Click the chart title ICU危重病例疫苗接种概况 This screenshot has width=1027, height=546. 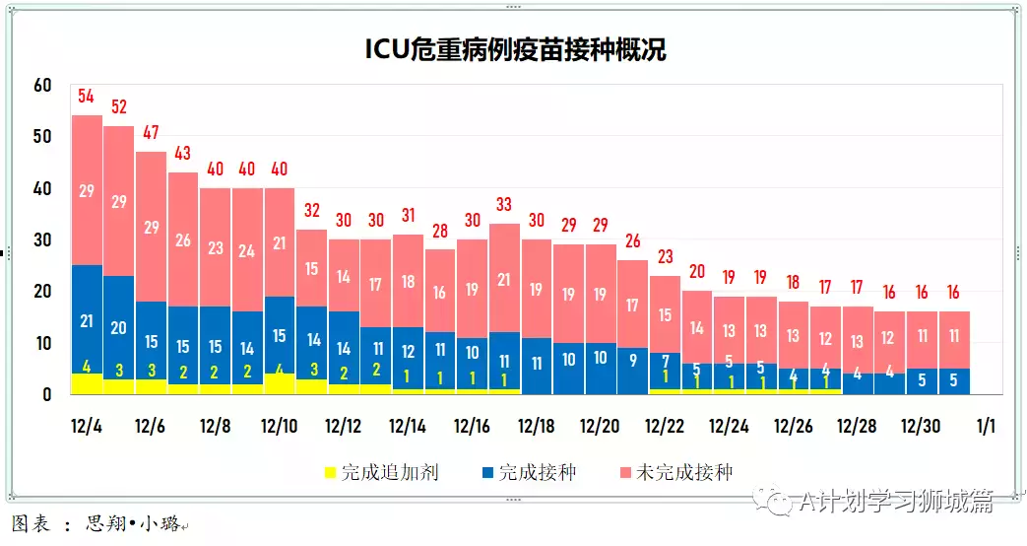pos(515,49)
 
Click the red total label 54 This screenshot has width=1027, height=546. pos(86,97)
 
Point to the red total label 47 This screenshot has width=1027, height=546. pos(151,132)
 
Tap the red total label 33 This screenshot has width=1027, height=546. pos(504,205)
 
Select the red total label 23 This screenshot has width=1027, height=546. pos(665,257)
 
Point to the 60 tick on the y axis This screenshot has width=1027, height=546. pos(41,86)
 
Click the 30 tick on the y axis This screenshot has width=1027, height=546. pos(41,240)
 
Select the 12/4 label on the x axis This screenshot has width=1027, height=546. pos(87,427)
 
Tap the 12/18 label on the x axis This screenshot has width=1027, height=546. pos(537,427)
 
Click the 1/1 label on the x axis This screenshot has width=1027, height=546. pos(985,427)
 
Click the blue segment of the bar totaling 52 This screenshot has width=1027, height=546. pos(118,328)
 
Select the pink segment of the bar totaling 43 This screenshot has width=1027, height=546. pos(183,239)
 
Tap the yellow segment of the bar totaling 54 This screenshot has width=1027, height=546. pos(87,383)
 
